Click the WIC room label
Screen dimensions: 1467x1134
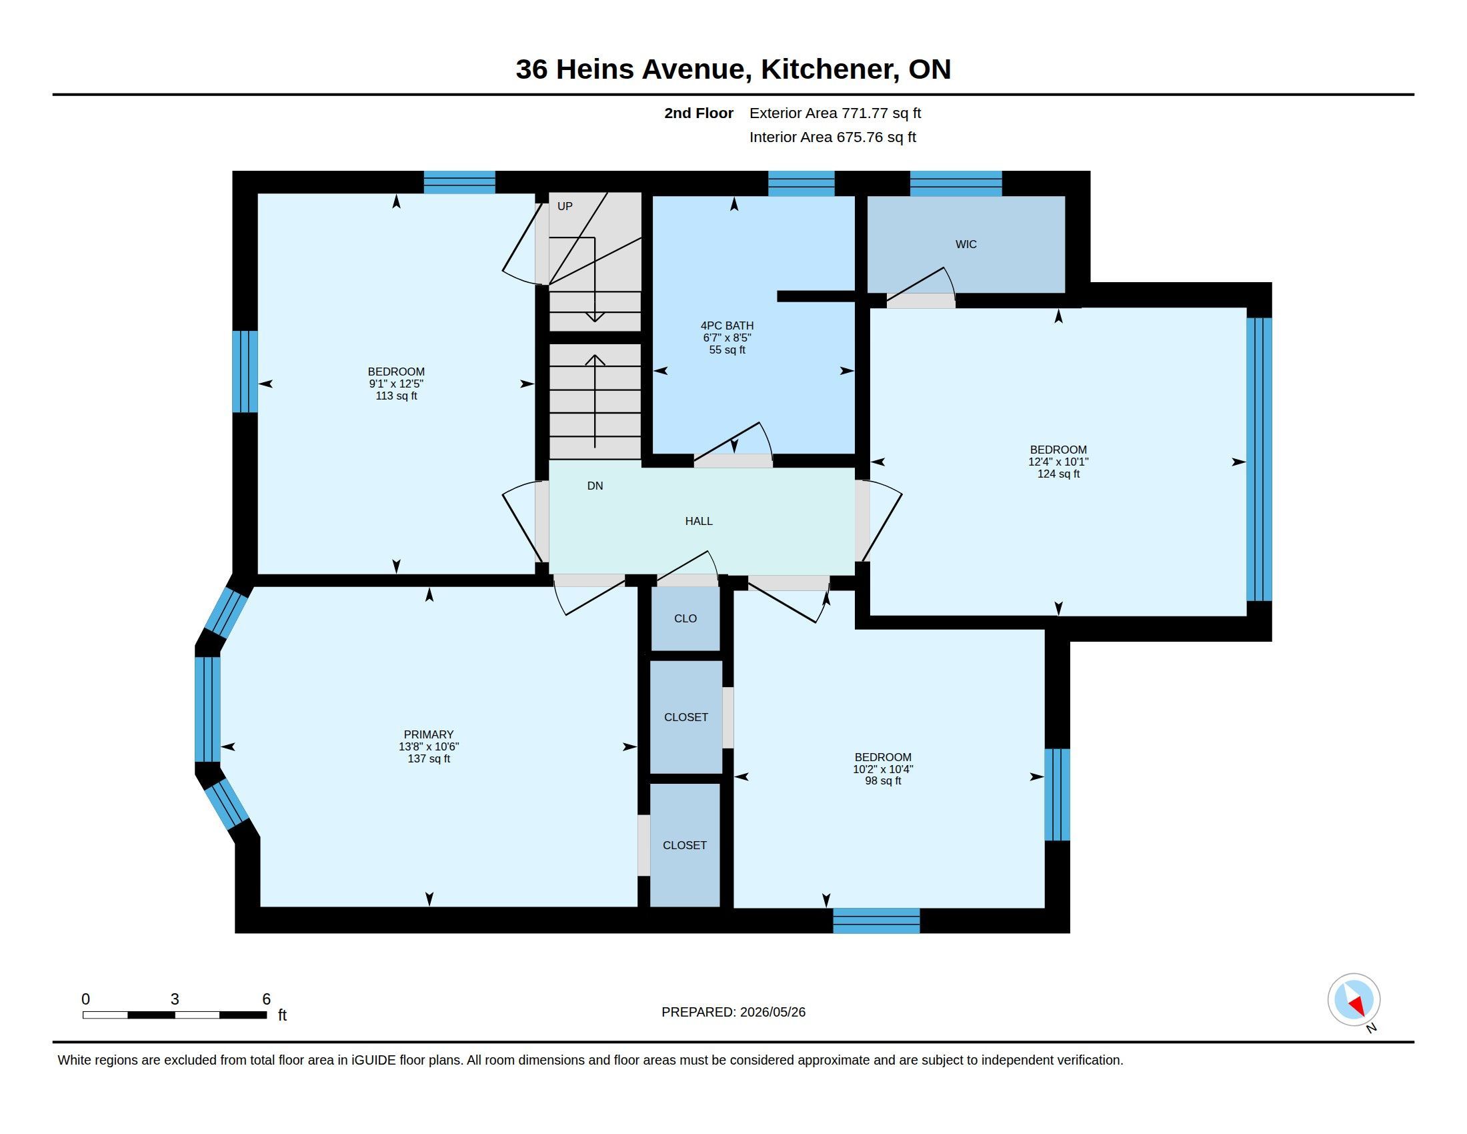(966, 245)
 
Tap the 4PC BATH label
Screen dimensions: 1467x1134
(727, 326)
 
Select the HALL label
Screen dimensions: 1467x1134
(699, 522)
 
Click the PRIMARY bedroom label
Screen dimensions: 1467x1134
(429, 734)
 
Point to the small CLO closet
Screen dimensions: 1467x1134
(685, 618)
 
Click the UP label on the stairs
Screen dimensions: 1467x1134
(565, 206)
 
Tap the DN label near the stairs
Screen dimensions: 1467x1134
(595, 486)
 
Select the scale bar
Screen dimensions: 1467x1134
(175, 1015)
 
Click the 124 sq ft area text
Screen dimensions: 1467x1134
(1059, 474)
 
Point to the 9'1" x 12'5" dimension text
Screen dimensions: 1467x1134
(396, 384)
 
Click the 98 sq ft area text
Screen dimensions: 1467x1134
(883, 780)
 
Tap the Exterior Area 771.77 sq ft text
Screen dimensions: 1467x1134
(835, 113)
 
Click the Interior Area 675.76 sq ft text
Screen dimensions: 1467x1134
(833, 137)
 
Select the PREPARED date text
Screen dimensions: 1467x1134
(733, 1012)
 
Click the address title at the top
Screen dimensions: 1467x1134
(733, 69)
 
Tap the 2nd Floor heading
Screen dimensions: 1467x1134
(699, 113)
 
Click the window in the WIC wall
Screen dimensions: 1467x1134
(956, 183)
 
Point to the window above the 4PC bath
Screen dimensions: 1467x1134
(802, 183)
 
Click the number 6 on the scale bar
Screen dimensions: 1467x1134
(266, 999)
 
